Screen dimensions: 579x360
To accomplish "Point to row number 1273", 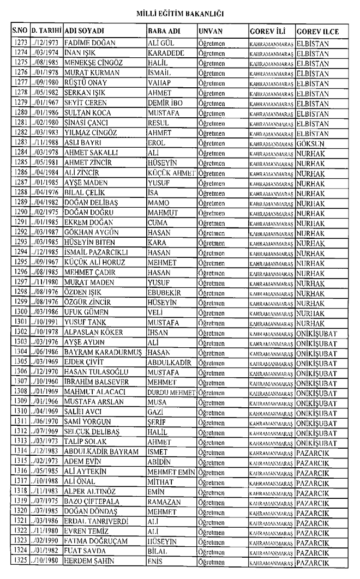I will click(x=20, y=43).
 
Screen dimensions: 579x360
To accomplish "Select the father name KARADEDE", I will click(x=166, y=53).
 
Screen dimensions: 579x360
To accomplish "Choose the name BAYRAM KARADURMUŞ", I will click(x=104, y=353).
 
